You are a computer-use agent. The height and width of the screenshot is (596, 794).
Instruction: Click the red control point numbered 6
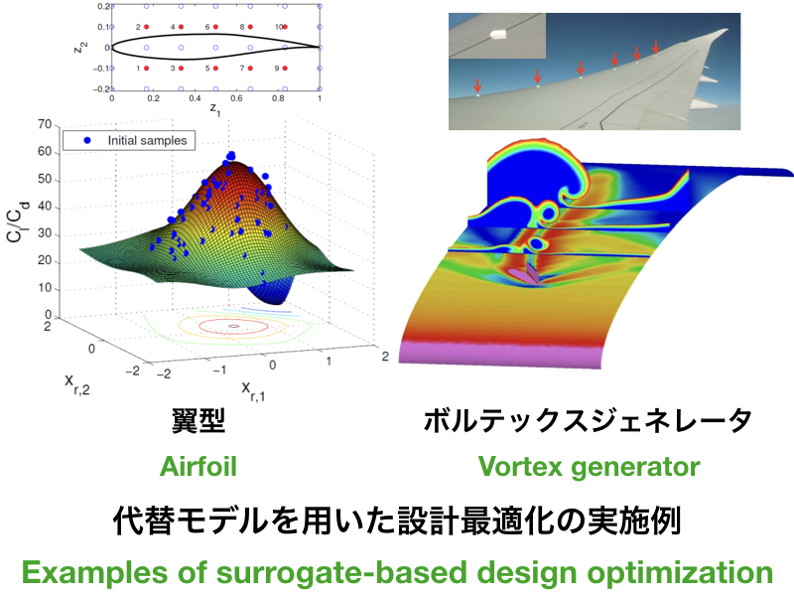point(215,27)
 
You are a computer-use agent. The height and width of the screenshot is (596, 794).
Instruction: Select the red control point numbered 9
point(285,68)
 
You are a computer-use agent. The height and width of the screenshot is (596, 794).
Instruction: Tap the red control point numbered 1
point(146,68)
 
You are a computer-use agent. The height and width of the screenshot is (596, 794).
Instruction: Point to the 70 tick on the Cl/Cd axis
point(45,125)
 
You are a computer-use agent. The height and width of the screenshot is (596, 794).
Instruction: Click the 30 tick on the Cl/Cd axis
point(45,233)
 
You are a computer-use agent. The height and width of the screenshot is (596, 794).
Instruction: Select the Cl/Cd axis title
point(18,222)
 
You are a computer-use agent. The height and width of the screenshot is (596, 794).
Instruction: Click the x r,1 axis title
point(253,391)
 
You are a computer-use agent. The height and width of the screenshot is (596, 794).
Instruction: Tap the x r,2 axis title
point(77,384)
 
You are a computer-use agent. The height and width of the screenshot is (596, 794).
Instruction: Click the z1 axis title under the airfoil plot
point(215,109)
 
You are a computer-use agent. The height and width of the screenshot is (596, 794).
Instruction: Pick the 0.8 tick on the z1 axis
point(278,98)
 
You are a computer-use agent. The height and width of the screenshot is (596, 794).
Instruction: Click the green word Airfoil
point(198,466)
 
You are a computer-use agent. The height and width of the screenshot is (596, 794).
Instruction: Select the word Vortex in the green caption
point(520,466)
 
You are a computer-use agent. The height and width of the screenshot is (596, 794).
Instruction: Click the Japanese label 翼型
point(198,421)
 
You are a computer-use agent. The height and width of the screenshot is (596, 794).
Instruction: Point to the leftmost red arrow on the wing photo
point(477,85)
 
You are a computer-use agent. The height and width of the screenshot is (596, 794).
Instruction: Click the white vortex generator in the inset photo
point(499,35)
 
